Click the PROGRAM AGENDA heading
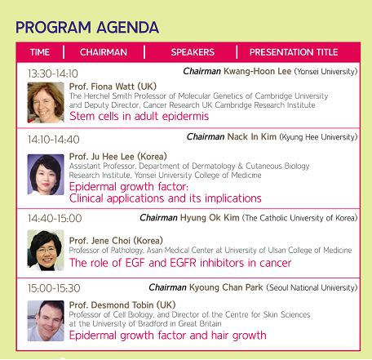[87, 27]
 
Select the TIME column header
[40, 52]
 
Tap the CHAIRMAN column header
[104, 52]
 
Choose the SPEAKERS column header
[193, 52]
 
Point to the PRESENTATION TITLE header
[294, 52]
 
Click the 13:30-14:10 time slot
[53, 73]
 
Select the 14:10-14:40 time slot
[54, 140]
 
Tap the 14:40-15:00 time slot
[55, 218]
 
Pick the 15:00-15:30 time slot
[54, 288]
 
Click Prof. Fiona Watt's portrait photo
[46, 103]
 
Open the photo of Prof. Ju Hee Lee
[46, 175]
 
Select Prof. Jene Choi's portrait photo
[46, 251]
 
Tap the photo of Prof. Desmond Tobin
[46, 321]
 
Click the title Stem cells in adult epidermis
[139, 116]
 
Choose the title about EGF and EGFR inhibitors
[180, 263]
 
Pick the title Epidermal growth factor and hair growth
[167, 336]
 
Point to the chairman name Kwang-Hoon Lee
[257, 71]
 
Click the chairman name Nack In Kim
[252, 136]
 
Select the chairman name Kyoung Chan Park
[226, 287]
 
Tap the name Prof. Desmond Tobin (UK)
[122, 305]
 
